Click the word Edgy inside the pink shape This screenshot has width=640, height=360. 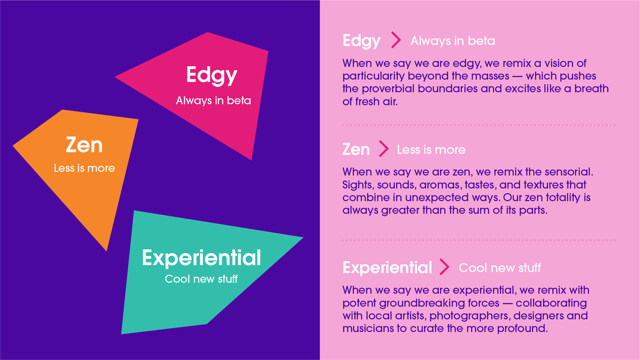tap(212, 76)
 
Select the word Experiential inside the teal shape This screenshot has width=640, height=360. tap(201, 258)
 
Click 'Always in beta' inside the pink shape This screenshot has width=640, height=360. tap(213, 101)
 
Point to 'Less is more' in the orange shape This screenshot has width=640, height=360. tap(84, 168)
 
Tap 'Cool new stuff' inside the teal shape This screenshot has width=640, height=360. tap(201, 279)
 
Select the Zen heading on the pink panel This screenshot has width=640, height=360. tap(356, 150)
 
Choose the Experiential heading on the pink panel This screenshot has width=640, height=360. tap(387, 268)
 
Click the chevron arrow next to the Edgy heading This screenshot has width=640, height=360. tap(396, 40)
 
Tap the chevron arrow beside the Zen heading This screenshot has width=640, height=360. tap(384, 149)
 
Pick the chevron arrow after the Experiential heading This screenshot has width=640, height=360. tap(444, 267)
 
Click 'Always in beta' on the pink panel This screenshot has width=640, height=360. tap(453, 41)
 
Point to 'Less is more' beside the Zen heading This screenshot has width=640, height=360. tap(431, 150)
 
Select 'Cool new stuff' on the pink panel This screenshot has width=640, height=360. tap(500, 268)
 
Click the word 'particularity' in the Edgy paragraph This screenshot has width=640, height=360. tap(373, 76)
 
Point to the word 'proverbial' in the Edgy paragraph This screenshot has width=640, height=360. tap(388, 89)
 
